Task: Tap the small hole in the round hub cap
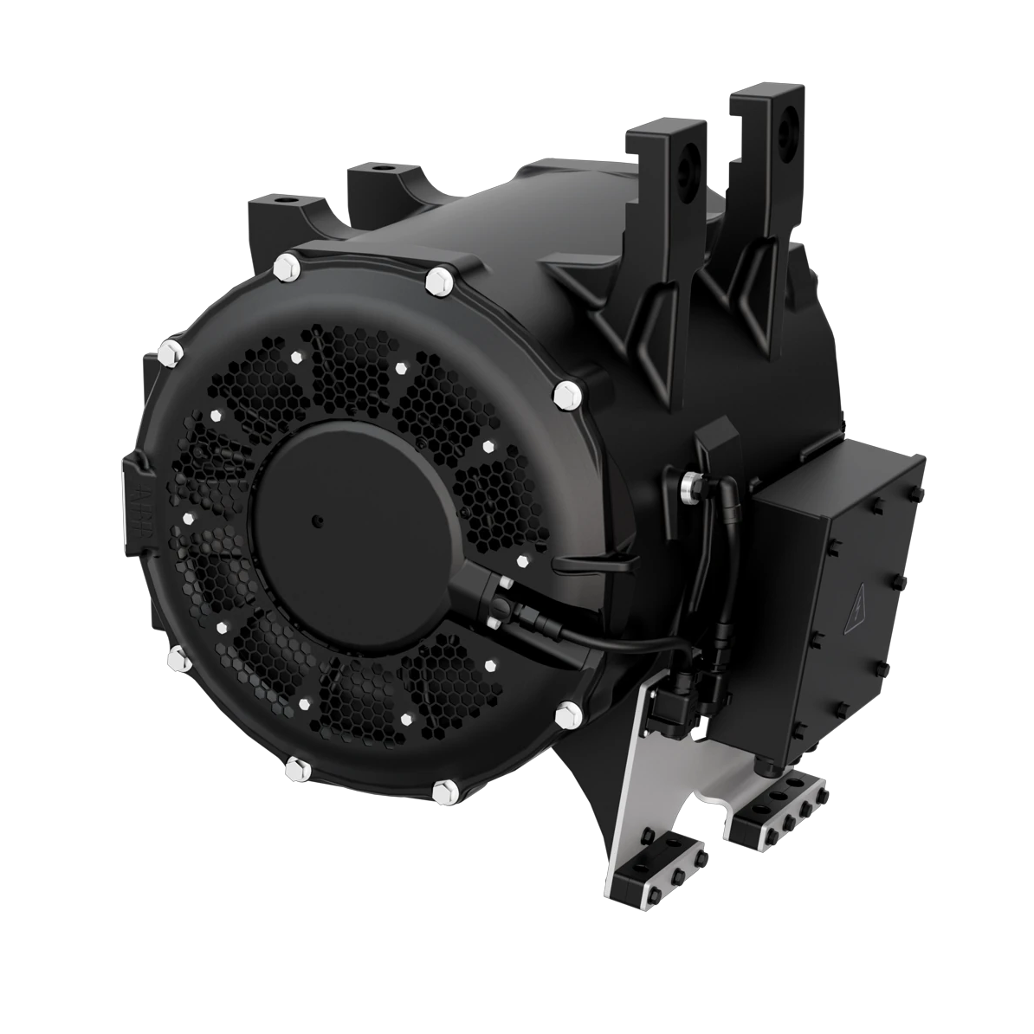tap(318, 520)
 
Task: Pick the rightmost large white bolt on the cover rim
tap(568, 394)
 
